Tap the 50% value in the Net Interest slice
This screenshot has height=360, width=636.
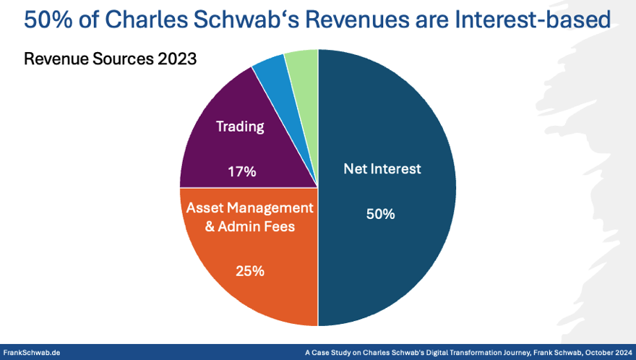(x=380, y=214)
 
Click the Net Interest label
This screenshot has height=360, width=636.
(x=381, y=169)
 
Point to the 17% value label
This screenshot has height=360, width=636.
(x=241, y=172)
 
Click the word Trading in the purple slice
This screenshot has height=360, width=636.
(x=241, y=127)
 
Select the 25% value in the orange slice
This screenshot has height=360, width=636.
(x=250, y=271)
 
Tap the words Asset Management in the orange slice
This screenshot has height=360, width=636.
(x=250, y=207)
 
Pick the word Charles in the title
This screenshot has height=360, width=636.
(x=153, y=20)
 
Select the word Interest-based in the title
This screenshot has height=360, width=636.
(x=534, y=20)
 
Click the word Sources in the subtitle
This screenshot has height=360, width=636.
(x=119, y=59)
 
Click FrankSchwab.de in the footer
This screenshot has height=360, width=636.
(x=32, y=353)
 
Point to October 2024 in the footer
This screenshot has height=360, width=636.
(x=606, y=353)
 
